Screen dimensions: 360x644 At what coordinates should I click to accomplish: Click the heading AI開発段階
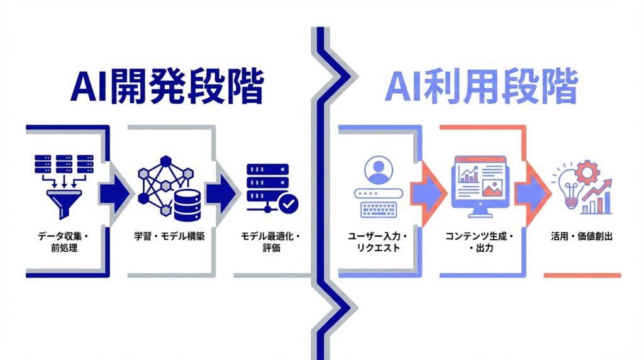click(x=167, y=88)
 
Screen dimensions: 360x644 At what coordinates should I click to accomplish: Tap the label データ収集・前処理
click(x=64, y=243)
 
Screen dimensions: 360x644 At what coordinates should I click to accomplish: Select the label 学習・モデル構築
click(x=169, y=237)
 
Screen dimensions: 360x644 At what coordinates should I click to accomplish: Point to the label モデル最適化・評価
click(x=271, y=243)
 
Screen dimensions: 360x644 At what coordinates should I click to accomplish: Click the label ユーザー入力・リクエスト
click(x=378, y=243)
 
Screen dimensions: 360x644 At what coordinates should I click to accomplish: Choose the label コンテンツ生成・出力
click(x=480, y=243)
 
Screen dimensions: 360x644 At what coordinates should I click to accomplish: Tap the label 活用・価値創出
click(x=582, y=237)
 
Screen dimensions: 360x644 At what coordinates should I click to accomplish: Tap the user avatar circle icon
click(x=377, y=171)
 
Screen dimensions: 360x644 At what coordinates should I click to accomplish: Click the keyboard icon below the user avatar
click(x=378, y=207)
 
